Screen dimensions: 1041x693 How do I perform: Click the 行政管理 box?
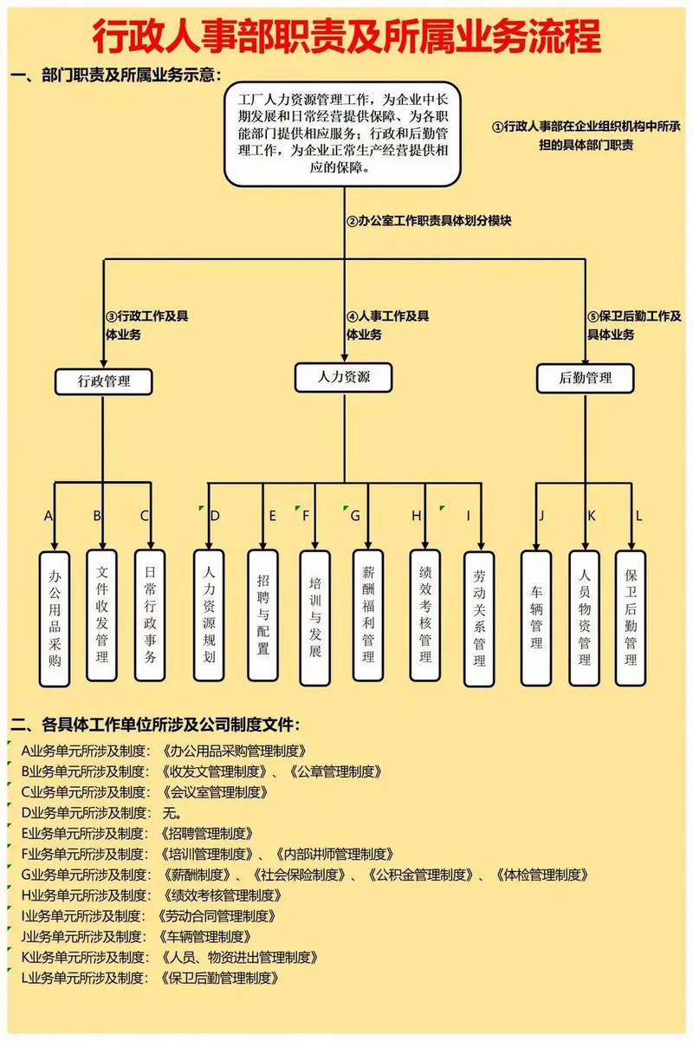click(x=103, y=380)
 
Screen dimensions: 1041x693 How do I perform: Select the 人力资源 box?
click(x=344, y=376)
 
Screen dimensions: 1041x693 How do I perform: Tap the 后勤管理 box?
click(x=586, y=377)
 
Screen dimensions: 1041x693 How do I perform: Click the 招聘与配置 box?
click(x=263, y=614)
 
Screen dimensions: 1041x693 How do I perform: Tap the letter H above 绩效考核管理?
click(x=417, y=516)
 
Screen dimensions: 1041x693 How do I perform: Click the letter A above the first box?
click(x=49, y=516)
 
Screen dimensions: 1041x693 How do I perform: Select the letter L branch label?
click(x=638, y=516)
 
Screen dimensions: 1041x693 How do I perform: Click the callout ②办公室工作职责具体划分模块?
click(x=429, y=220)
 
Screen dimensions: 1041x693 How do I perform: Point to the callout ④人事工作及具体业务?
click(x=387, y=325)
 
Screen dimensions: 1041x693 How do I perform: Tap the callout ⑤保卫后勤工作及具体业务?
click(x=633, y=325)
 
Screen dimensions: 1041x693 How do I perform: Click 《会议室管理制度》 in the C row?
click(x=214, y=791)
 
